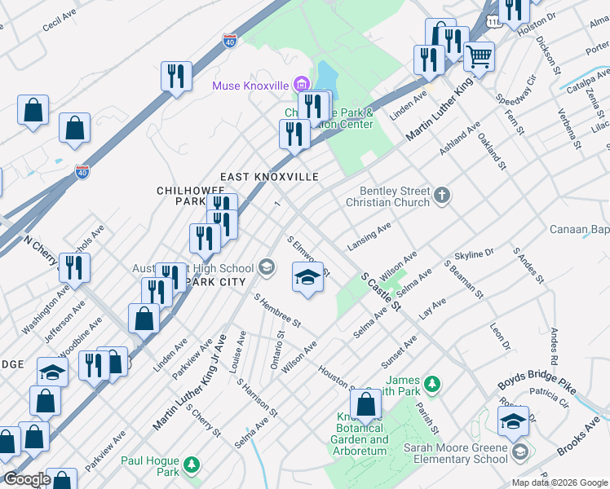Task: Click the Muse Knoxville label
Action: [250, 85]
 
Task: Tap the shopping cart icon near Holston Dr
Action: [479, 57]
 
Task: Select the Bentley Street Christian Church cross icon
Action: [442, 194]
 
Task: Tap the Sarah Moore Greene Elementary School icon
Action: [519, 451]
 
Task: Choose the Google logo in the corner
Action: [26, 479]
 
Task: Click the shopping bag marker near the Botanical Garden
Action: [366, 403]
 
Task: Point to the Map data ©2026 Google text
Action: [559, 482]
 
